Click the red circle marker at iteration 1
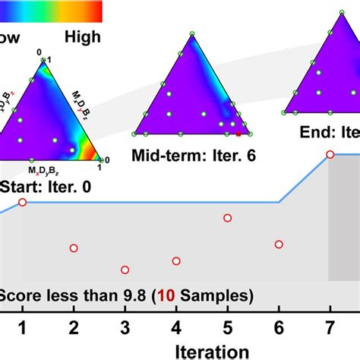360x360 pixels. coord(22,202)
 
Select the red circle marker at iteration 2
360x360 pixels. coord(74,248)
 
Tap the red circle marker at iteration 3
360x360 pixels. coord(125,270)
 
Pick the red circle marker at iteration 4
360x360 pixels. coord(176,261)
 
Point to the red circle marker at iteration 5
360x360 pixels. coord(228,219)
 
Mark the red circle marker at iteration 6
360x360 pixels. coord(279,245)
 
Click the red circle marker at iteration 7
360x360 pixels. coord(330,155)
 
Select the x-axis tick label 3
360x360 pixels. coord(125,329)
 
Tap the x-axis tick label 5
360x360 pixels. coord(228,329)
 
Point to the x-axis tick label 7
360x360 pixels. coord(330,329)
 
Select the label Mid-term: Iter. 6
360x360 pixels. coord(194,156)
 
